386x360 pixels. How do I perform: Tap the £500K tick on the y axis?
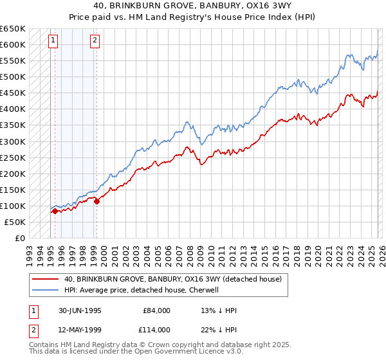[12, 77]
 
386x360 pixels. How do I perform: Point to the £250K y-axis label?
[12, 157]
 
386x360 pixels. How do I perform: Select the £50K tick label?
[15, 222]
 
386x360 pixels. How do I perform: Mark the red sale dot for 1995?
[55, 210]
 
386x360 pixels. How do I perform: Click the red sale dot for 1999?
[96, 201]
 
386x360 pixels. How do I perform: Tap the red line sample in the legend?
[45, 280]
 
